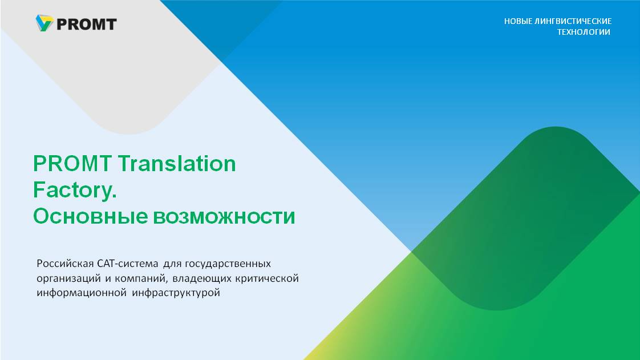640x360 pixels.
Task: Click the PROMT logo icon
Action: coord(44,23)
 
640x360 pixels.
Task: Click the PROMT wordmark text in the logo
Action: coord(87,25)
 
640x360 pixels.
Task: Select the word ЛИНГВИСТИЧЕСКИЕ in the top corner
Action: coord(573,21)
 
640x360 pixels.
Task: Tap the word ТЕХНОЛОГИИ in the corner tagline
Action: coord(584,32)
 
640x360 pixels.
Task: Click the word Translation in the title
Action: coord(177,164)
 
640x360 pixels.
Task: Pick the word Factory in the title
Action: coord(72,190)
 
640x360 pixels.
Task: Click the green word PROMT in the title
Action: coord(72,164)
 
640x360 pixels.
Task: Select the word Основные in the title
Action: coord(90,216)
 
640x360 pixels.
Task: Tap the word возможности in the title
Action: coord(224,217)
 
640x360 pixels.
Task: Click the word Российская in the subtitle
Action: coord(65,264)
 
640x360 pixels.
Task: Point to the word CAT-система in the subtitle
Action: coord(128,264)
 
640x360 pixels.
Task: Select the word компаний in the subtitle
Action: coord(141,279)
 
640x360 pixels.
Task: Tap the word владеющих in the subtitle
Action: coord(202,279)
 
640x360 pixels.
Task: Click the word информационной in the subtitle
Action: coord(82,293)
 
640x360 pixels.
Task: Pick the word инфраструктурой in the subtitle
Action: coord(176,293)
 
